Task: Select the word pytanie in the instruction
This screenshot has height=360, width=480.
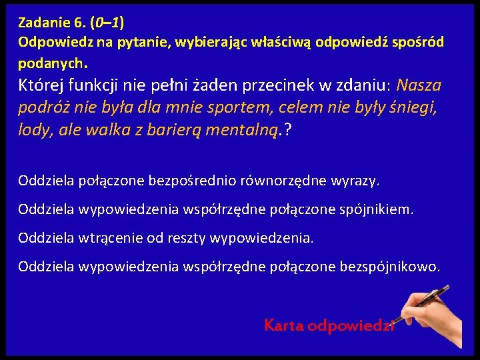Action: tap(139, 43)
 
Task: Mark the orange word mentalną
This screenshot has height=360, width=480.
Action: tap(246, 129)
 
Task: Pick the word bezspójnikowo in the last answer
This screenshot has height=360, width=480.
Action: tap(389, 267)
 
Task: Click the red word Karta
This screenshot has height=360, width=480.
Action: tap(285, 326)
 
